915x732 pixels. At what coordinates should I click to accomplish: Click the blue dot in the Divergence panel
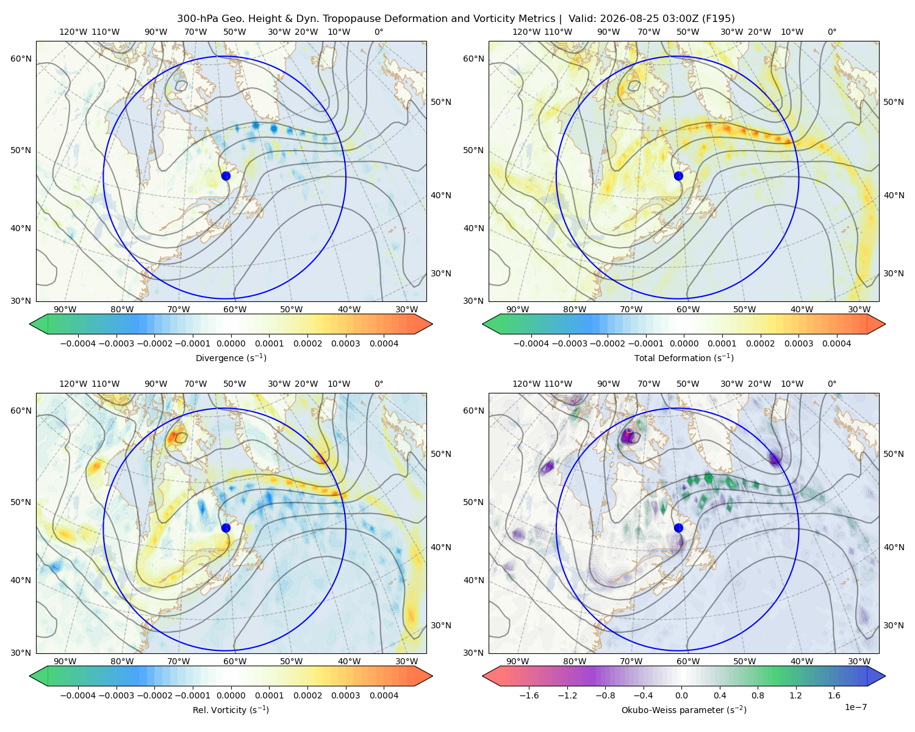coord(226,176)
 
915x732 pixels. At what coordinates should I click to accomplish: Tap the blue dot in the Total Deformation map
coord(678,176)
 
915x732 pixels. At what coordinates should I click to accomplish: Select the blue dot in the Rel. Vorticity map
coord(226,528)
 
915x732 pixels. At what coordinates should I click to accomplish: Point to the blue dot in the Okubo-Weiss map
coord(678,528)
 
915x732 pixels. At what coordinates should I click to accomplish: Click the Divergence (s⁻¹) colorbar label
coord(231,357)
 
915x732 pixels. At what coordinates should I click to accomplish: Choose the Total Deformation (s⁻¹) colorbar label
coord(684,357)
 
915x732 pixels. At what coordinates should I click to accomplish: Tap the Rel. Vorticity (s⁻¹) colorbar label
coord(231,709)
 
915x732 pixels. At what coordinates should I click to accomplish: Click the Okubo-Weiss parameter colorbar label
coord(684,709)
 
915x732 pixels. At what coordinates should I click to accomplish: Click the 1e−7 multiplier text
coord(855,707)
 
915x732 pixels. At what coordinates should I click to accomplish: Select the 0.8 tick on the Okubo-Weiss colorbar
coord(758,695)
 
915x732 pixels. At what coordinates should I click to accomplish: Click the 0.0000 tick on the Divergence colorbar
coord(231,343)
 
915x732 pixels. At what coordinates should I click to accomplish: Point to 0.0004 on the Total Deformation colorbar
coord(836,343)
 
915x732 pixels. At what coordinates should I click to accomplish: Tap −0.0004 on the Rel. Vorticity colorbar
coord(78,695)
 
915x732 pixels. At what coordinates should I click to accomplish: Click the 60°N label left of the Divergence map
coord(21,59)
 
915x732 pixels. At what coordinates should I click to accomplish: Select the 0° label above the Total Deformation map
coord(831,32)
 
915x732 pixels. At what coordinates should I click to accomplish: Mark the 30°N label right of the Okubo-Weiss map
coord(893,625)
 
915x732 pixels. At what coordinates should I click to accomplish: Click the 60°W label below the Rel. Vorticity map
coord(235,661)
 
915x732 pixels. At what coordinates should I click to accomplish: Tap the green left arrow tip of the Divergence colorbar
coord(30,324)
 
